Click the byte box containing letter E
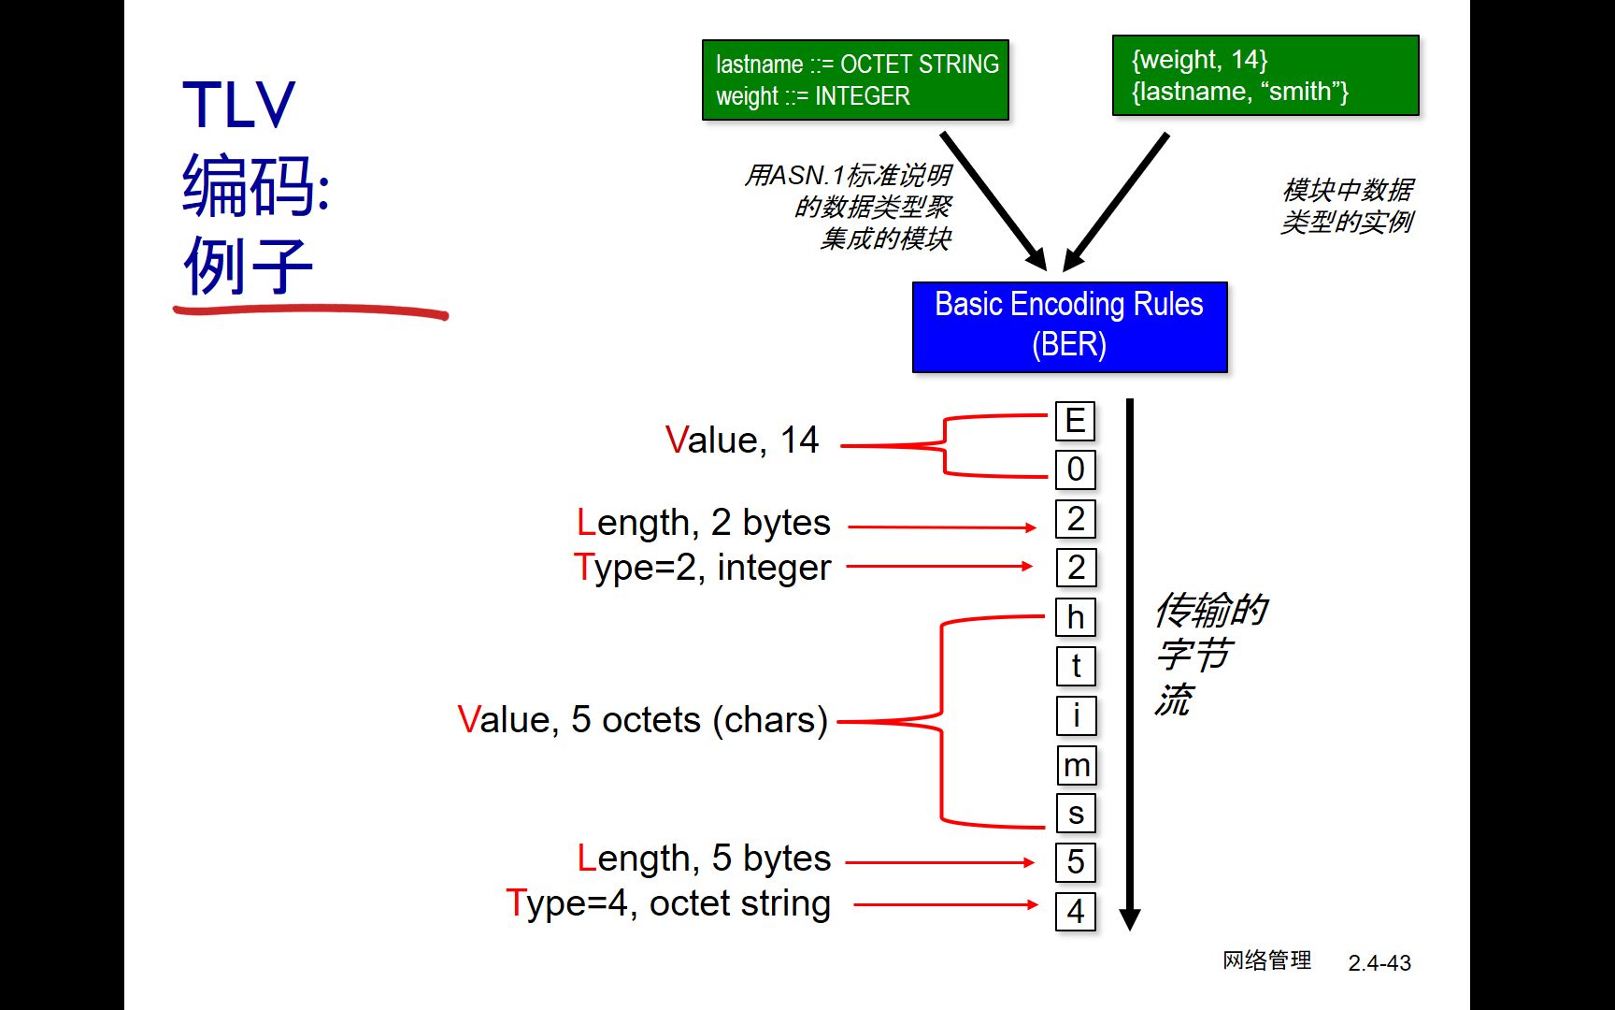coord(1075,421)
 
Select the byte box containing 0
coord(1075,469)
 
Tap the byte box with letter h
coord(1075,617)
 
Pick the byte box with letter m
coord(1076,765)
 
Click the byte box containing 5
coord(1075,862)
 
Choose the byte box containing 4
coord(1075,911)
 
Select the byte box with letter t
coord(1075,666)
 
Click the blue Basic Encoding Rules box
coord(1069,326)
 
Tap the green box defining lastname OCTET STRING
coord(855,79)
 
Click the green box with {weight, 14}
coord(1265,76)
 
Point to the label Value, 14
coord(741,440)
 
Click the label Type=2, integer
coord(702,568)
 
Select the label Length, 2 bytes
coord(703,523)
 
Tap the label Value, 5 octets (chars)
coord(643,720)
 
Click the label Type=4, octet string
coord(667,903)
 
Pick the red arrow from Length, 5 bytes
coord(939,862)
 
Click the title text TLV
coord(238,105)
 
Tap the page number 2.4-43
coord(1379,962)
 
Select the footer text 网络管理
coord(1266,960)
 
